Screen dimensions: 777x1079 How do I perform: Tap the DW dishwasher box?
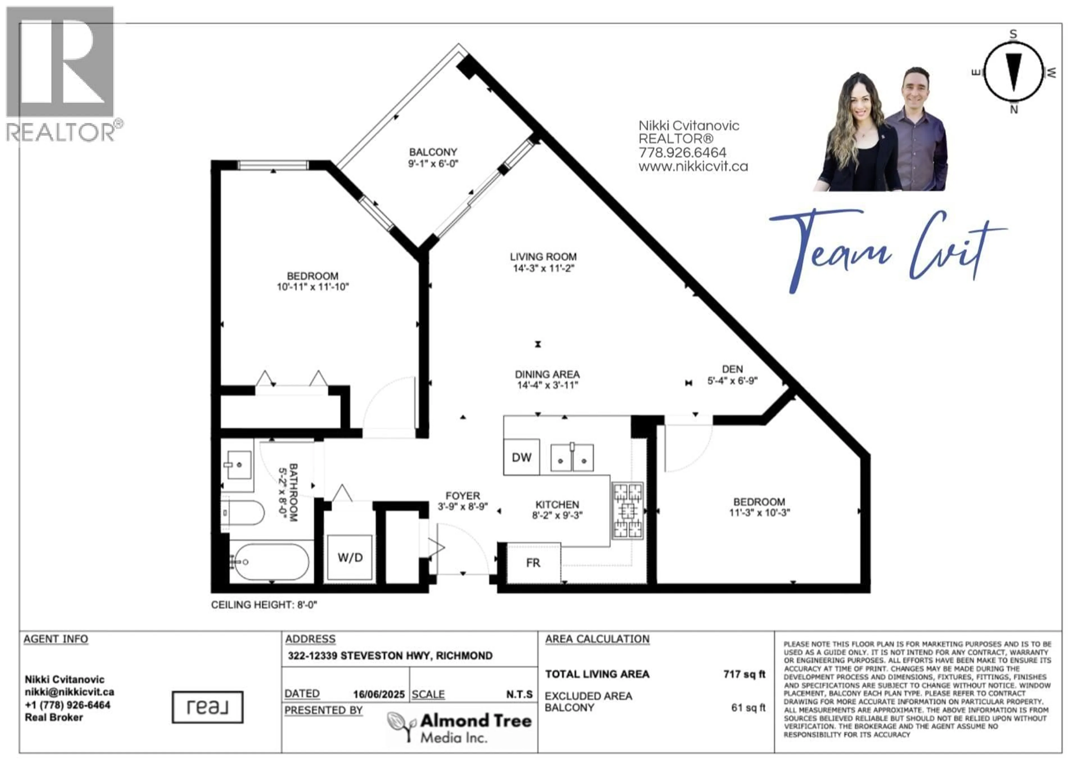522,457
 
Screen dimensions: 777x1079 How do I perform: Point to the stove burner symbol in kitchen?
627,511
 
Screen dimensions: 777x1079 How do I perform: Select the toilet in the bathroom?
242,513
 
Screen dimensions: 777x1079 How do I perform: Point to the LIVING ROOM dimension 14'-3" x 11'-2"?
543,268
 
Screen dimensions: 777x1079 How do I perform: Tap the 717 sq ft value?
744,674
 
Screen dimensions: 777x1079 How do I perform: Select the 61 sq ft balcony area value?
748,708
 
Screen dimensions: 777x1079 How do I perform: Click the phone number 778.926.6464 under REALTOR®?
682,153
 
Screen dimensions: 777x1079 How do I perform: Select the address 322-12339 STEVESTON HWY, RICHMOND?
390,656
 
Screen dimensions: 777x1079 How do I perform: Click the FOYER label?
463,496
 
